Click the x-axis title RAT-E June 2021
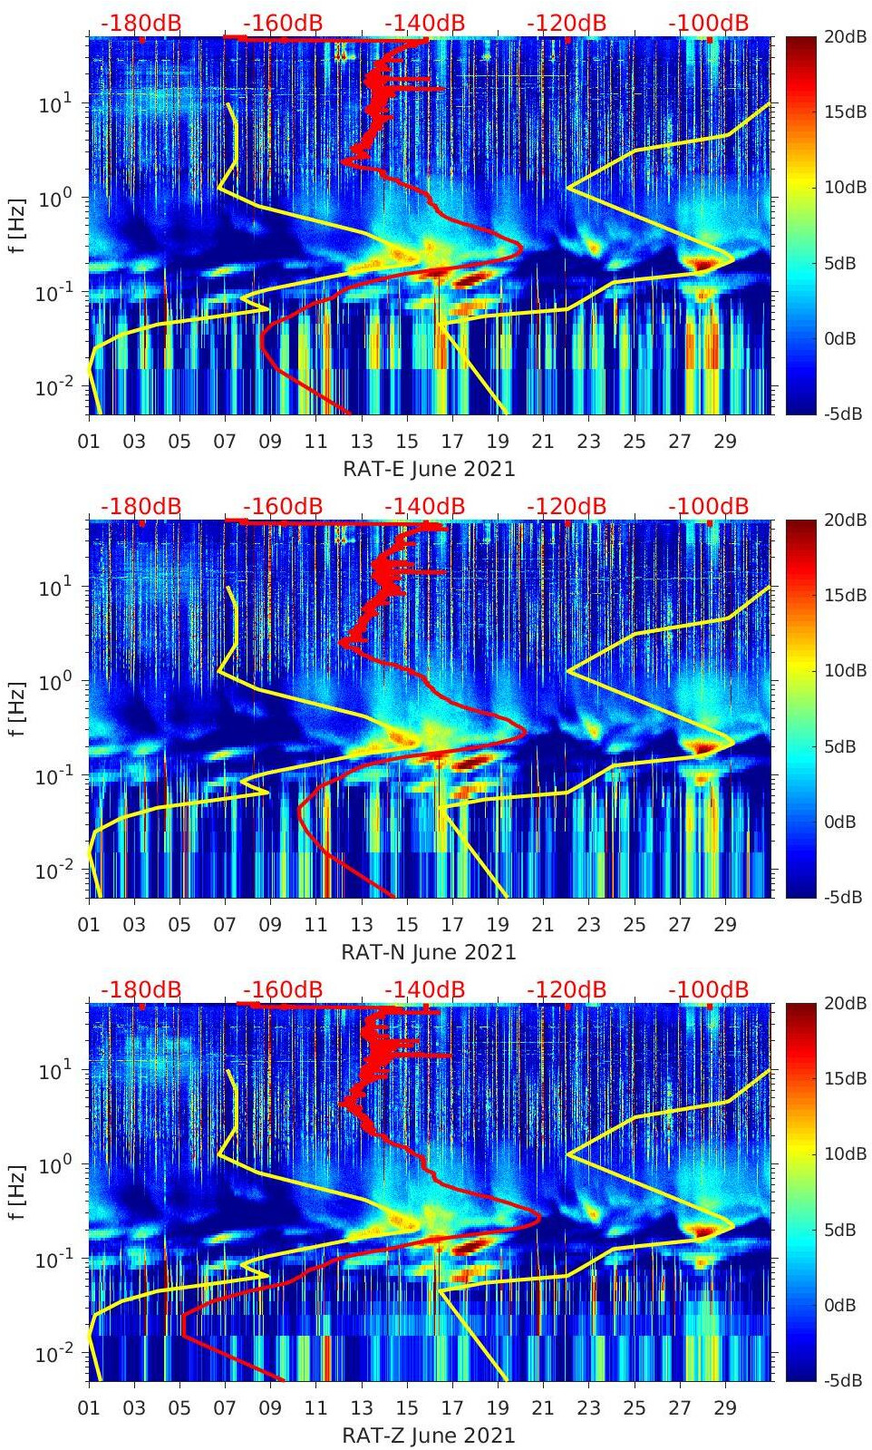[x=429, y=469]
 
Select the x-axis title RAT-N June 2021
[x=429, y=952]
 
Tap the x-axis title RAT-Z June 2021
[x=429, y=1435]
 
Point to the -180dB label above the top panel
[x=140, y=23]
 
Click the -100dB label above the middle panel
[x=708, y=506]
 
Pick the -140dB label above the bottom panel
[x=424, y=989]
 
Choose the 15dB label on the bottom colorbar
[x=848, y=1078]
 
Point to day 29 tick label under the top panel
[x=725, y=442]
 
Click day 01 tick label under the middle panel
[x=89, y=925]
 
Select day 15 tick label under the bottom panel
[x=407, y=1408]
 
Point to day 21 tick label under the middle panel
[x=543, y=925]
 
